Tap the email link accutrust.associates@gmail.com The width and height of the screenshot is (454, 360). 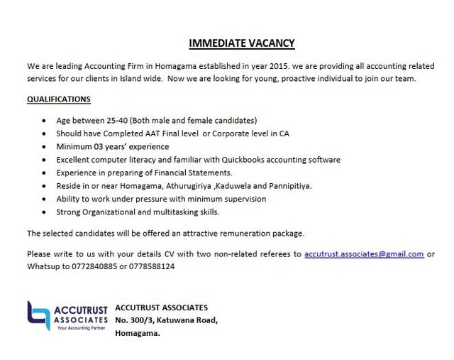[364, 253]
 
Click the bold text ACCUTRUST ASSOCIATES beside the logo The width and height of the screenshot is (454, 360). [161, 307]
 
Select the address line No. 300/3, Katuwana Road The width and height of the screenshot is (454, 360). [165, 320]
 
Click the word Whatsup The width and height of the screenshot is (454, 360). [43, 266]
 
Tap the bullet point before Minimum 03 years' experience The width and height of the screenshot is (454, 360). [45, 146]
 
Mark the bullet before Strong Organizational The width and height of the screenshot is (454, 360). [45, 212]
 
